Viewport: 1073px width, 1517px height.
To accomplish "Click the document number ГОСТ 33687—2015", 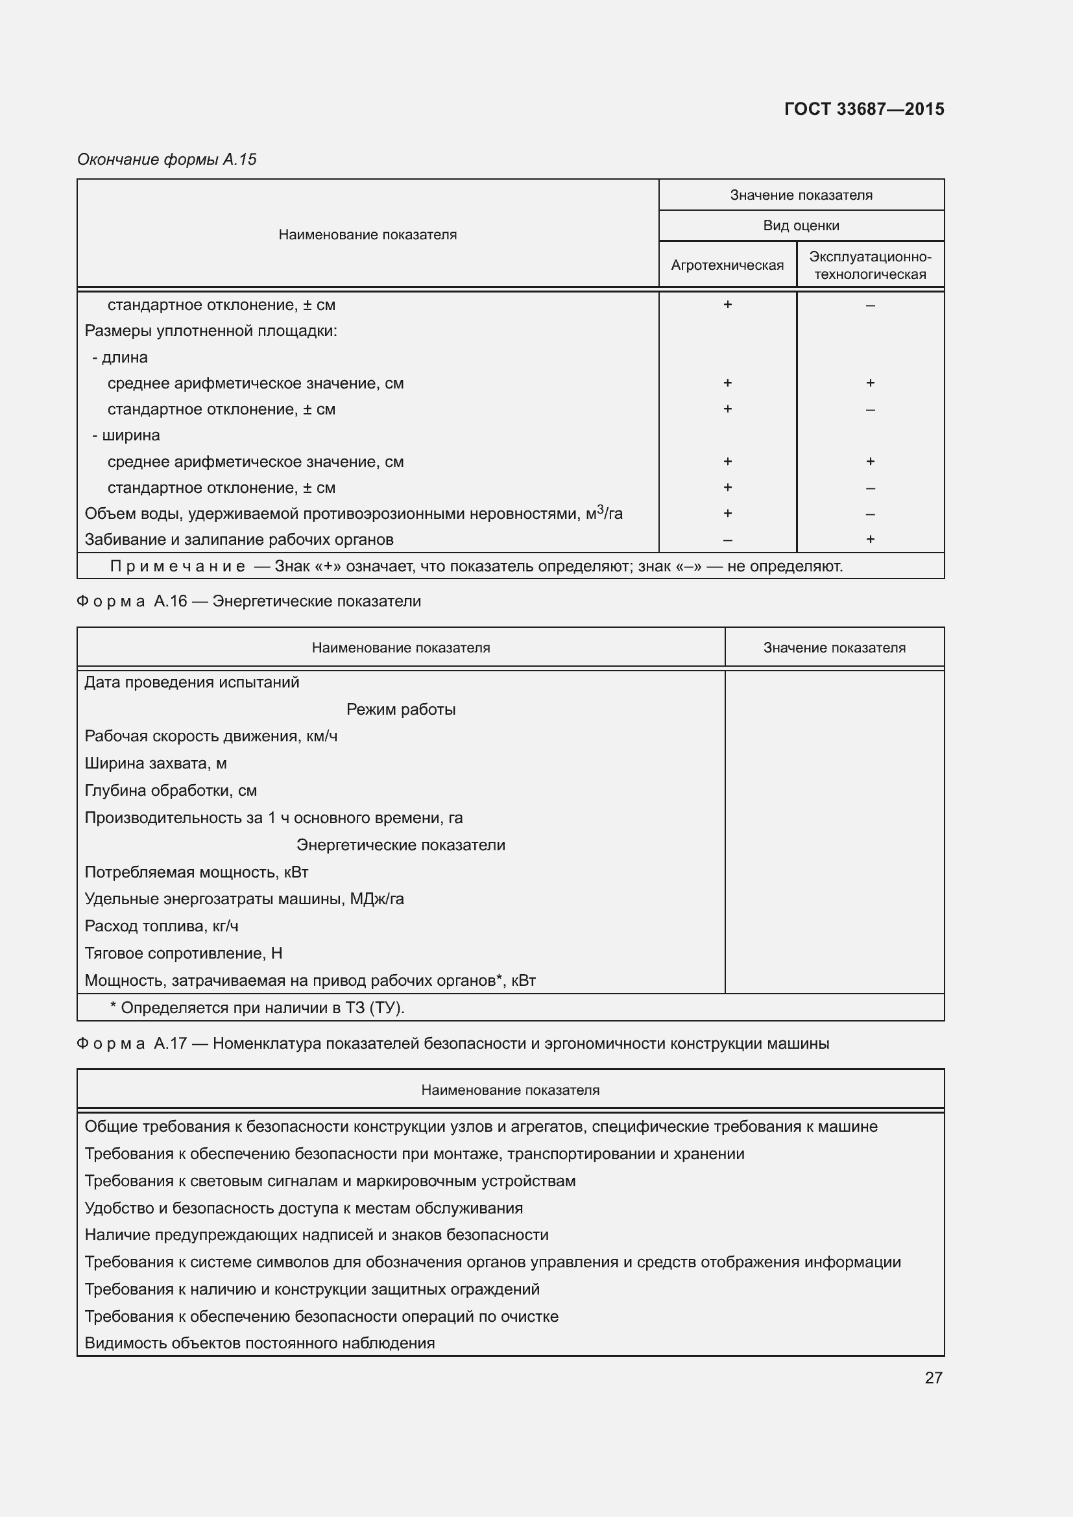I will (x=863, y=109).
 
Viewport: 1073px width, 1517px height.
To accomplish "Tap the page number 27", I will (x=933, y=1377).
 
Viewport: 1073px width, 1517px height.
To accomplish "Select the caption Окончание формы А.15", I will (x=167, y=160).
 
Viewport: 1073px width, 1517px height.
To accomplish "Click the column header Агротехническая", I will (x=727, y=265).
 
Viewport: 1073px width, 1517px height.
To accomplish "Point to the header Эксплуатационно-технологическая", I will (x=869, y=265).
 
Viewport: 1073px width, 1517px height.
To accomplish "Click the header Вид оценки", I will (x=801, y=226).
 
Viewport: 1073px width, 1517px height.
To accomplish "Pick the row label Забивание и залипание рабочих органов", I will (x=239, y=540).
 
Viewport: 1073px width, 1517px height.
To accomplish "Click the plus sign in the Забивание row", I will (x=869, y=539).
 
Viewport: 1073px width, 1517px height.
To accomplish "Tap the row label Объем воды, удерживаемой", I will (x=353, y=514).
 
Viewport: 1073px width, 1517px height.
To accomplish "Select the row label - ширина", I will (x=127, y=435).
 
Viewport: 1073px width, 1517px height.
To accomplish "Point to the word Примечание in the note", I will (x=177, y=566).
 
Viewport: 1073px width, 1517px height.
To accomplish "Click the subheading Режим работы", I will (x=400, y=710).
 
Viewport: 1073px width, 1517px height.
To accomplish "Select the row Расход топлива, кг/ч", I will (x=162, y=926).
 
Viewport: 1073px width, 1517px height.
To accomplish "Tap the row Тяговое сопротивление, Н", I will (x=183, y=953).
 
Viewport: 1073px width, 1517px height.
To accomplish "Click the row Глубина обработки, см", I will (x=171, y=791).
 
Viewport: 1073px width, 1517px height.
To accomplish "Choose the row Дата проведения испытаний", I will (x=191, y=682).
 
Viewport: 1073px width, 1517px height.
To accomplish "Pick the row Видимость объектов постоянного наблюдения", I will (x=259, y=1343).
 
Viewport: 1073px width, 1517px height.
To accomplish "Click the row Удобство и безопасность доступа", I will (x=303, y=1208).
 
